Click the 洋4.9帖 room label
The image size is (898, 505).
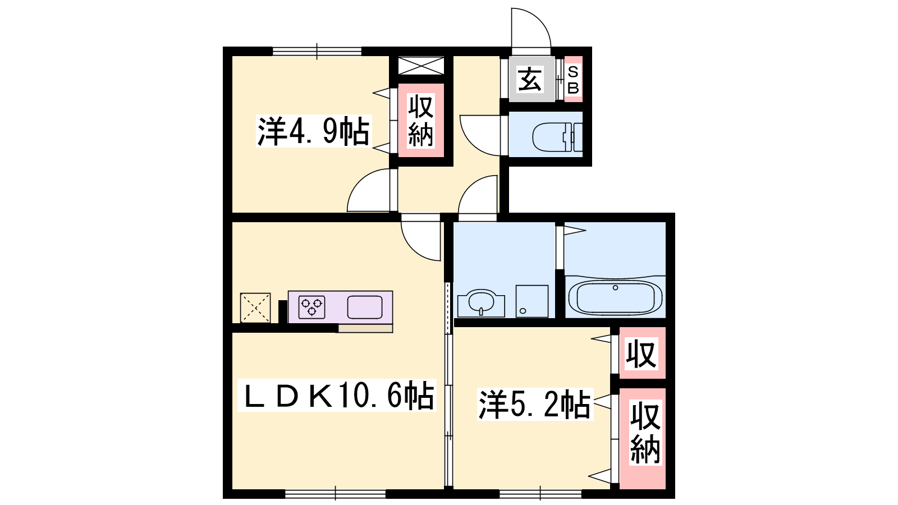click(x=313, y=131)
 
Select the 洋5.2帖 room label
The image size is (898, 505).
click(x=535, y=404)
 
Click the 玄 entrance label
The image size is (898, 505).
click(x=530, y=80)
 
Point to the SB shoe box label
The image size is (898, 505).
click(x=573, y=80)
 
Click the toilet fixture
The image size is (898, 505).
click(x=558, y=137)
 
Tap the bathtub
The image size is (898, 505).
click(x=615, y=297)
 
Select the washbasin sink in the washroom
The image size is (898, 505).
click(x=481, y=302)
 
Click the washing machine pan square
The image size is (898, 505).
click(x=532, y=301)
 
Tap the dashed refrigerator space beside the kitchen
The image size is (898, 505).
click(x=255, y=308)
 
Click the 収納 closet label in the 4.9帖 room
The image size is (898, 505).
click(x=421, y=120)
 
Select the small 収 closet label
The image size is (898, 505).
click(x=642, y=353)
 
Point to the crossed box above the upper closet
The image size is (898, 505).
click(x=421, y=66)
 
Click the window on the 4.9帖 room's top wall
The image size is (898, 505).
click(x=317, y=51)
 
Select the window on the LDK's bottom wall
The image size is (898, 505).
click(x=336, y=493)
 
